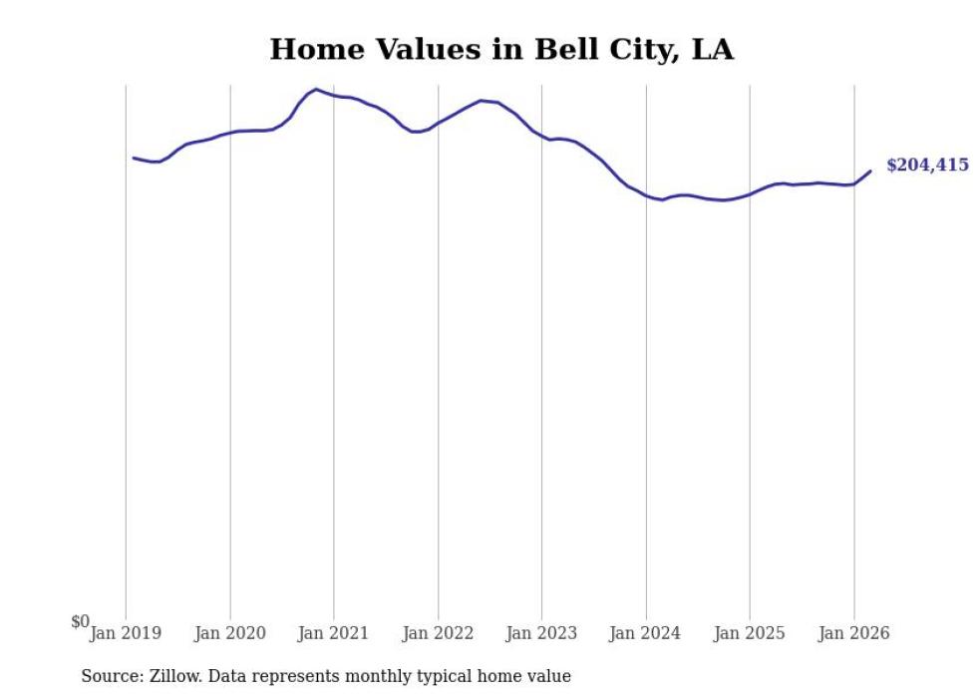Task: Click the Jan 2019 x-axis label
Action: tap(126, 633)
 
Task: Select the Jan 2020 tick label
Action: tap(230, 633)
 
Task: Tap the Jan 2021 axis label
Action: tap(334, 633)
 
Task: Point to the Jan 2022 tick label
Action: tap(439, 633)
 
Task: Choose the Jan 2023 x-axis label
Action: tap(542, 633)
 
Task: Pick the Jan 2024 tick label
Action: tap(646, 633)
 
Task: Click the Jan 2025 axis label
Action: tap(751, 633)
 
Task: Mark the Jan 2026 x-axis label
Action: tap(854, 633)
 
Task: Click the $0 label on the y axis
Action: tap(80, 622)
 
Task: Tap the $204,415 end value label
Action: tap(927, 166)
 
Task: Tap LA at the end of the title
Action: tap(713, 50)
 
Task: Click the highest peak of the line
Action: tap(316, 90)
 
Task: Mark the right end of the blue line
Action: tap(870, 171)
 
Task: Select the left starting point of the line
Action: tap(134, 158)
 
